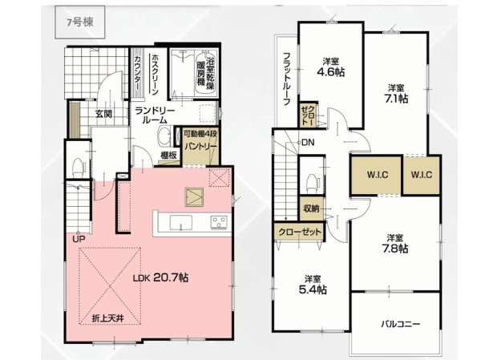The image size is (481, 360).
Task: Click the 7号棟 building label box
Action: pyautogui.click(x=79, y=22)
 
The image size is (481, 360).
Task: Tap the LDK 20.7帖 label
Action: pyautogui.click(x=160, y=277)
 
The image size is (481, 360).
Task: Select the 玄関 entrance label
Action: pyautogui.click(x=103, y=114)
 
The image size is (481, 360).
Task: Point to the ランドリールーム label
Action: pyautogui.click(x=155, y=115)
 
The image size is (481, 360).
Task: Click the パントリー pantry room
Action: pyautogui.click(x=200, y=147)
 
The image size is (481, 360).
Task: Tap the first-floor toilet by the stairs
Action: pyautogui.click(x=79, y=167)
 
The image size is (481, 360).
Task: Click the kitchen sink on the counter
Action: pyautogui.click(x=181, y=222)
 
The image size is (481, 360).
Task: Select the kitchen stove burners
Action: pyautogui.click(x=219, y=222)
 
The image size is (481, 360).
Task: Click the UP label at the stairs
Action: pyautogui.click(x=79, y=239)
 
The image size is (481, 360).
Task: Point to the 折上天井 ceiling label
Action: pyautogui.click(x=108, y=318)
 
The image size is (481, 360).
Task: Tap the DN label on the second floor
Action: pyautogui.click(x=308, y=143)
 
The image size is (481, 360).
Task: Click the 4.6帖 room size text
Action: pyautogui.click(x=330, y=72)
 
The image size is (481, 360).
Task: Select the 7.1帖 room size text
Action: pyautogui.click(x=395, y=99)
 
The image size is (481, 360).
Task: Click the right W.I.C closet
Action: pyautogui.click(x=422, y=176)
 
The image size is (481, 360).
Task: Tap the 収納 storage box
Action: pyautogui.click(x=311, y=208)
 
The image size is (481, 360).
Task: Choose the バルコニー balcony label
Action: pyautogui.click(x=401, y=324)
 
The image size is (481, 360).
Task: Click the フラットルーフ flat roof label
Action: pyautogui.click(x=286, y=79)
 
